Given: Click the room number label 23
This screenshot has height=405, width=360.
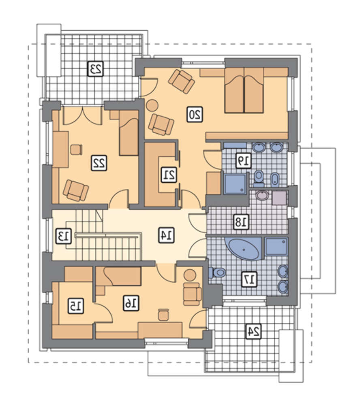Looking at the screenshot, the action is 96,69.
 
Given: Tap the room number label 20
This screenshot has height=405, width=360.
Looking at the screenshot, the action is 195,114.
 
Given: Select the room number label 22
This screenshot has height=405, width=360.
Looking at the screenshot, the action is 99,163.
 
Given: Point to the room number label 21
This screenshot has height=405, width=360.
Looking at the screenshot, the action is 169,175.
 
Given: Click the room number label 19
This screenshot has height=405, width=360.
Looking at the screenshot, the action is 243,161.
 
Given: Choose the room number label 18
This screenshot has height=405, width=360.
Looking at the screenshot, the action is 242,222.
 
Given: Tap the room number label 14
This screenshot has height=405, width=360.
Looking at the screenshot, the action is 167,235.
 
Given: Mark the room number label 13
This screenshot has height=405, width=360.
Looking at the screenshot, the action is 64,236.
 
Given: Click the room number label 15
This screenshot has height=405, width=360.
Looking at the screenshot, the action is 76,306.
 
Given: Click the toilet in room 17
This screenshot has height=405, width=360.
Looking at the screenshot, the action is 217,272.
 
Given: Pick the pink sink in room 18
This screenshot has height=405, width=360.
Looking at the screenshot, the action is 263,195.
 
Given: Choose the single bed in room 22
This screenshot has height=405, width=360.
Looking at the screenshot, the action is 129,133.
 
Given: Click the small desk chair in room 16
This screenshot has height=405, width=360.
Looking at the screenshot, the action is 163,315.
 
